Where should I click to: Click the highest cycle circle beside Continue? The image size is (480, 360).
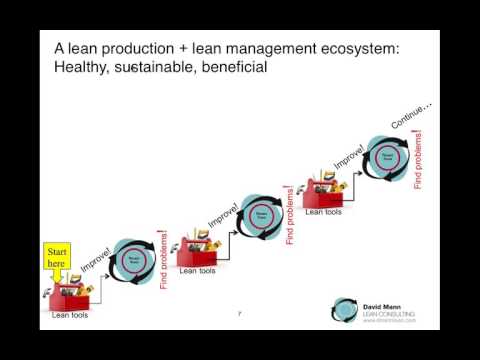(385, 156)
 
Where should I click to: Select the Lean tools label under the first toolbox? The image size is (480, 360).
(69, 316)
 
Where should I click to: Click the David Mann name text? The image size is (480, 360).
(385, 304)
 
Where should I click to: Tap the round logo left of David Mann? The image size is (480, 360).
(346, 310)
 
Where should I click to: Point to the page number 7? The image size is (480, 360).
(240, 313)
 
